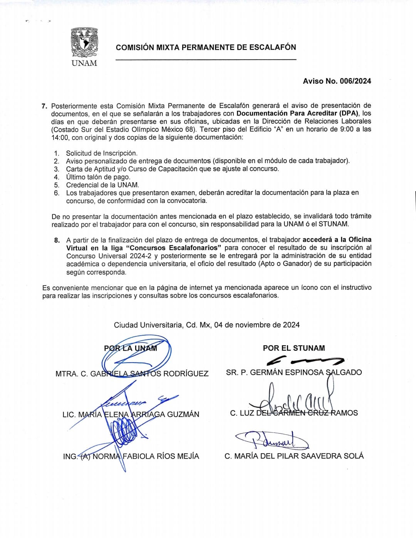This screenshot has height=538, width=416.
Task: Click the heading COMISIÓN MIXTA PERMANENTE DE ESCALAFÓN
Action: click(x=206, y=47)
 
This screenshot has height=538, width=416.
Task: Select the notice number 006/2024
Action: click(x=356, y=81)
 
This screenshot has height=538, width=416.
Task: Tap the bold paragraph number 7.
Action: click(x=44, y=106)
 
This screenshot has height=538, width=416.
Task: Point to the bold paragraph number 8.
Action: click(x=57, y=240)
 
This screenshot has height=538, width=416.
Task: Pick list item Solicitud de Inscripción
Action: click(x=102, y=153)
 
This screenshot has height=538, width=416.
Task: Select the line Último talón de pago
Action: click(x=98, y=177)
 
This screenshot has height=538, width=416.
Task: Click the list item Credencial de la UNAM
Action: click(x=102, y=185)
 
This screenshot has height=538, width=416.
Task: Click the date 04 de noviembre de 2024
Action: click(x=257, y=325)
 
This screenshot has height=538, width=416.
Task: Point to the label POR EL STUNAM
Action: click(x=294, y=348)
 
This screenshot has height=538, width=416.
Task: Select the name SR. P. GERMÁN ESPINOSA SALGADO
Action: click(x=294, y=372)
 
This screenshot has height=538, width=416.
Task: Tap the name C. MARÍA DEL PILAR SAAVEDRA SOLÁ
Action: click(x=294, y=456)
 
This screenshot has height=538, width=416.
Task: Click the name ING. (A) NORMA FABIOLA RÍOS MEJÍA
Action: click(x=131, y=456)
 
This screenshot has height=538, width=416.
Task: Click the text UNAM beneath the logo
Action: click(x=84, y=63)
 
